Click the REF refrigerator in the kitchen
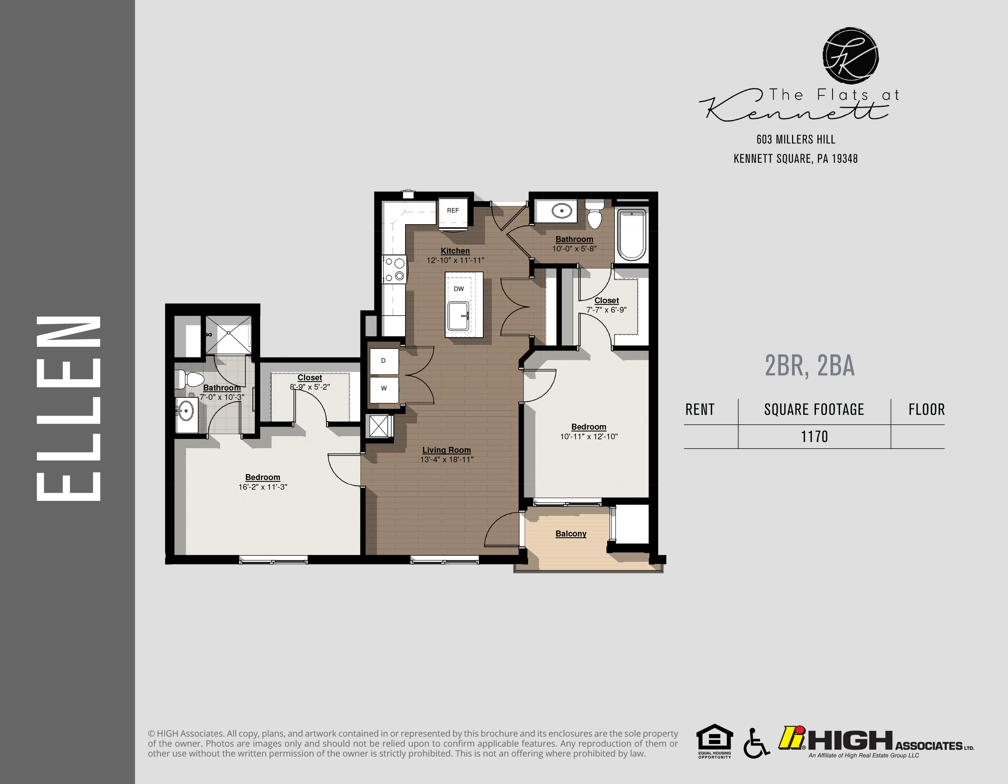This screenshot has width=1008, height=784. pos(453,211)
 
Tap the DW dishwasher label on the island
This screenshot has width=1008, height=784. pos(458,289)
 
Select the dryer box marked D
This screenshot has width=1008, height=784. pos(383,361)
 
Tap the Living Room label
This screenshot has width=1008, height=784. pos(446,450)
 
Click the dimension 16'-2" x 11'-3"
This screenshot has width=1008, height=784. pos(262,487)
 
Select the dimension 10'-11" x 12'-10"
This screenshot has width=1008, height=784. pos(588,437)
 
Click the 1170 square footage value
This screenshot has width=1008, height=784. pos(814,437)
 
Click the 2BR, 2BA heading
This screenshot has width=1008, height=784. pos(810,366)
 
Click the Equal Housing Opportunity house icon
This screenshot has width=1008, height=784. pos(714,738)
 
